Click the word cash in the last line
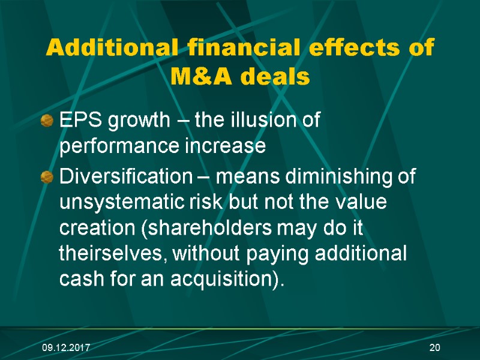(x=77, y=278)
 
